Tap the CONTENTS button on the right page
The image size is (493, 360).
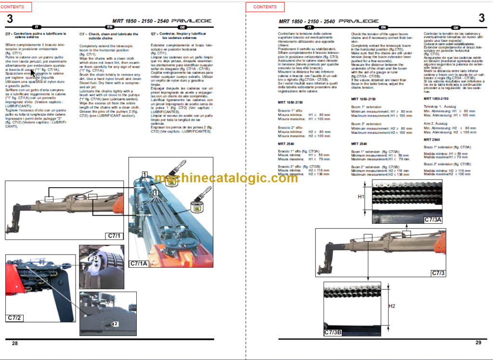264,7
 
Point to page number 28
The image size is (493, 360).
15,343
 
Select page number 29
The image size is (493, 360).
478,343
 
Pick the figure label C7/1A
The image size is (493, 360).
139,263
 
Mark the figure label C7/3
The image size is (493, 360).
438,273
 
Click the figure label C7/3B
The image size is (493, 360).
333,332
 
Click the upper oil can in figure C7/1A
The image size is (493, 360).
172,178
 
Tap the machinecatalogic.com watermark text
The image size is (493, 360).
226,179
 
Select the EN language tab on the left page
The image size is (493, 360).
109,27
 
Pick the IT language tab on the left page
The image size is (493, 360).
37,27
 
